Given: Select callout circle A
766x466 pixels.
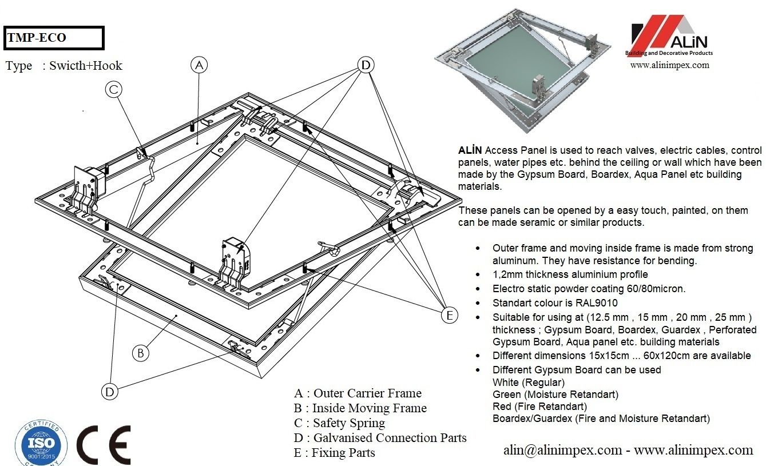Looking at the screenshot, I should pyautogui.click(x=199, y=66).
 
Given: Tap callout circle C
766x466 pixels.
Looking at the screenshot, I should pyautogui.click(x=113, y=89).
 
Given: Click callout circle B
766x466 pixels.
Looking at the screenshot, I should pyautogui.click(x=140, y=353).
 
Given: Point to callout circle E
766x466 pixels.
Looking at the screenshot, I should pyautogui.click(x=450, y=315).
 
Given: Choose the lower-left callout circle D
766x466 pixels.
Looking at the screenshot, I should pyautogui.click(x=110, y=391).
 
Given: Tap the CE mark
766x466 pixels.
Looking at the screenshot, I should pyautogui.click(x=104, y=445).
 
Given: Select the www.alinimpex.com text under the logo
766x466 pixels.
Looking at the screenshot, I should pyautogui.click(x=669, y=65).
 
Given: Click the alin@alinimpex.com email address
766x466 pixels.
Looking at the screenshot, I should pyautogui.click(x=562, y=450).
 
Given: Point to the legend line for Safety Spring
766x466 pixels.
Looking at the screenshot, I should pyautogui.click(x=339, y=423).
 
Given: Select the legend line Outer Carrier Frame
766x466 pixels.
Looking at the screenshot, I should pyautogui.click(x=358, y=393).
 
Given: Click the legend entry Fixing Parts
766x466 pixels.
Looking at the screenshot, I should pyautogui.click(x=334, y=453).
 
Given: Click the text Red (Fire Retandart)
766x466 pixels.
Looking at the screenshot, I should pyautogui.click(x=539, y=407).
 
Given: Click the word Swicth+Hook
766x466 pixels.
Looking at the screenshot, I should pyautogui.click(x=86, y=66).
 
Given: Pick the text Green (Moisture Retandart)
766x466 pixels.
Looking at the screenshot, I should pyautogui.click(x=555, y=395).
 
